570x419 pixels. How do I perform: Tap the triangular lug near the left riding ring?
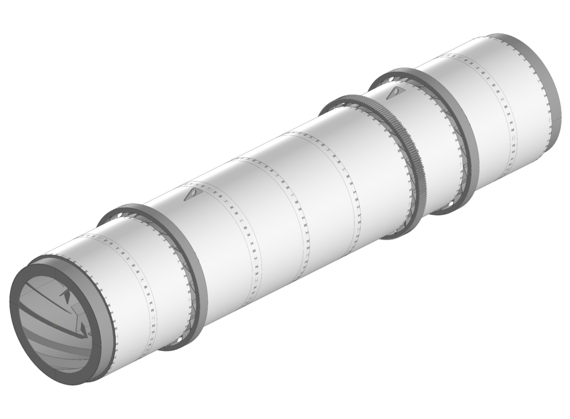[x=193, y=195]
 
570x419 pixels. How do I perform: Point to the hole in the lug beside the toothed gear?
[x=398, y=92]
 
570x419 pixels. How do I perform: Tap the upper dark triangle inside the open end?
[x=66, y=296]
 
